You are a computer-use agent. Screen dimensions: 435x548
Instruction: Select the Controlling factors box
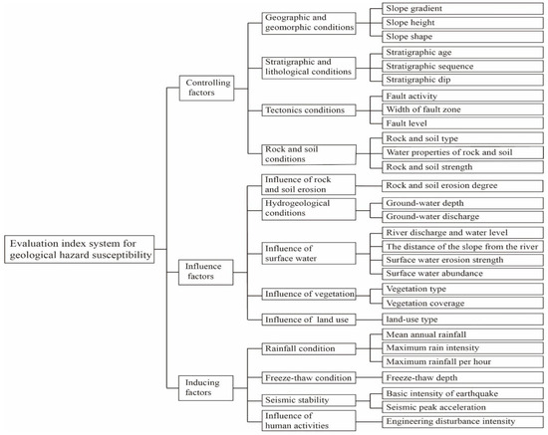[x=204, y=89]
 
